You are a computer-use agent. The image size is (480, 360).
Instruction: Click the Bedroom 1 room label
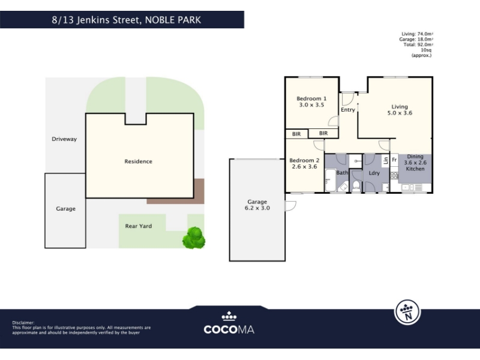point(311,98)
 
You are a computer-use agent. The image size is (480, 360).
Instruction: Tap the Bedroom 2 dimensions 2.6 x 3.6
point(304,167)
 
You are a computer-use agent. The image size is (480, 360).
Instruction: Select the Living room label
point(400,107)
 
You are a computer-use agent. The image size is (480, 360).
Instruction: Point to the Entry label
point(348,110)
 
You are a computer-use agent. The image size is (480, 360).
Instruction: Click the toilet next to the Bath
point(356,186)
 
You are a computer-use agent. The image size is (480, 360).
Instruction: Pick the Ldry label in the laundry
point(374,173)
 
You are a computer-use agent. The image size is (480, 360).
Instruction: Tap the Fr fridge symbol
point(394,160)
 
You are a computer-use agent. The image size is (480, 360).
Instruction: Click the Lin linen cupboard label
point(385,160)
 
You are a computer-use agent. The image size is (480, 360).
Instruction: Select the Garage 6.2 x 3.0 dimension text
point(257,208)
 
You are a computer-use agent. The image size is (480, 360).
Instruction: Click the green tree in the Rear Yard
point(193,238)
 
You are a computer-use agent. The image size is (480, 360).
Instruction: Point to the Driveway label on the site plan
point(64,139)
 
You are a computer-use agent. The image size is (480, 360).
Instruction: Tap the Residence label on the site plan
point(138,161)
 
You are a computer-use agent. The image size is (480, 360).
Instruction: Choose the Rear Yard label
point(139,226)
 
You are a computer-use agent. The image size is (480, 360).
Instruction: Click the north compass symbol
point(407,312)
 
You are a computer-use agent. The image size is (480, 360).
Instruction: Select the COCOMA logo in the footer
point(229,323)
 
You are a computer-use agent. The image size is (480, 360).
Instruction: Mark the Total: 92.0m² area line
point(418,44)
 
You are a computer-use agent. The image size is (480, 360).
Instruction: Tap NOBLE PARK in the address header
point(173,20)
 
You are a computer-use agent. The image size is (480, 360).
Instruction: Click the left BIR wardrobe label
point(296,134)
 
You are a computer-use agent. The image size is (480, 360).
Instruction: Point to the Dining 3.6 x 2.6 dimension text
point(415,163)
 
